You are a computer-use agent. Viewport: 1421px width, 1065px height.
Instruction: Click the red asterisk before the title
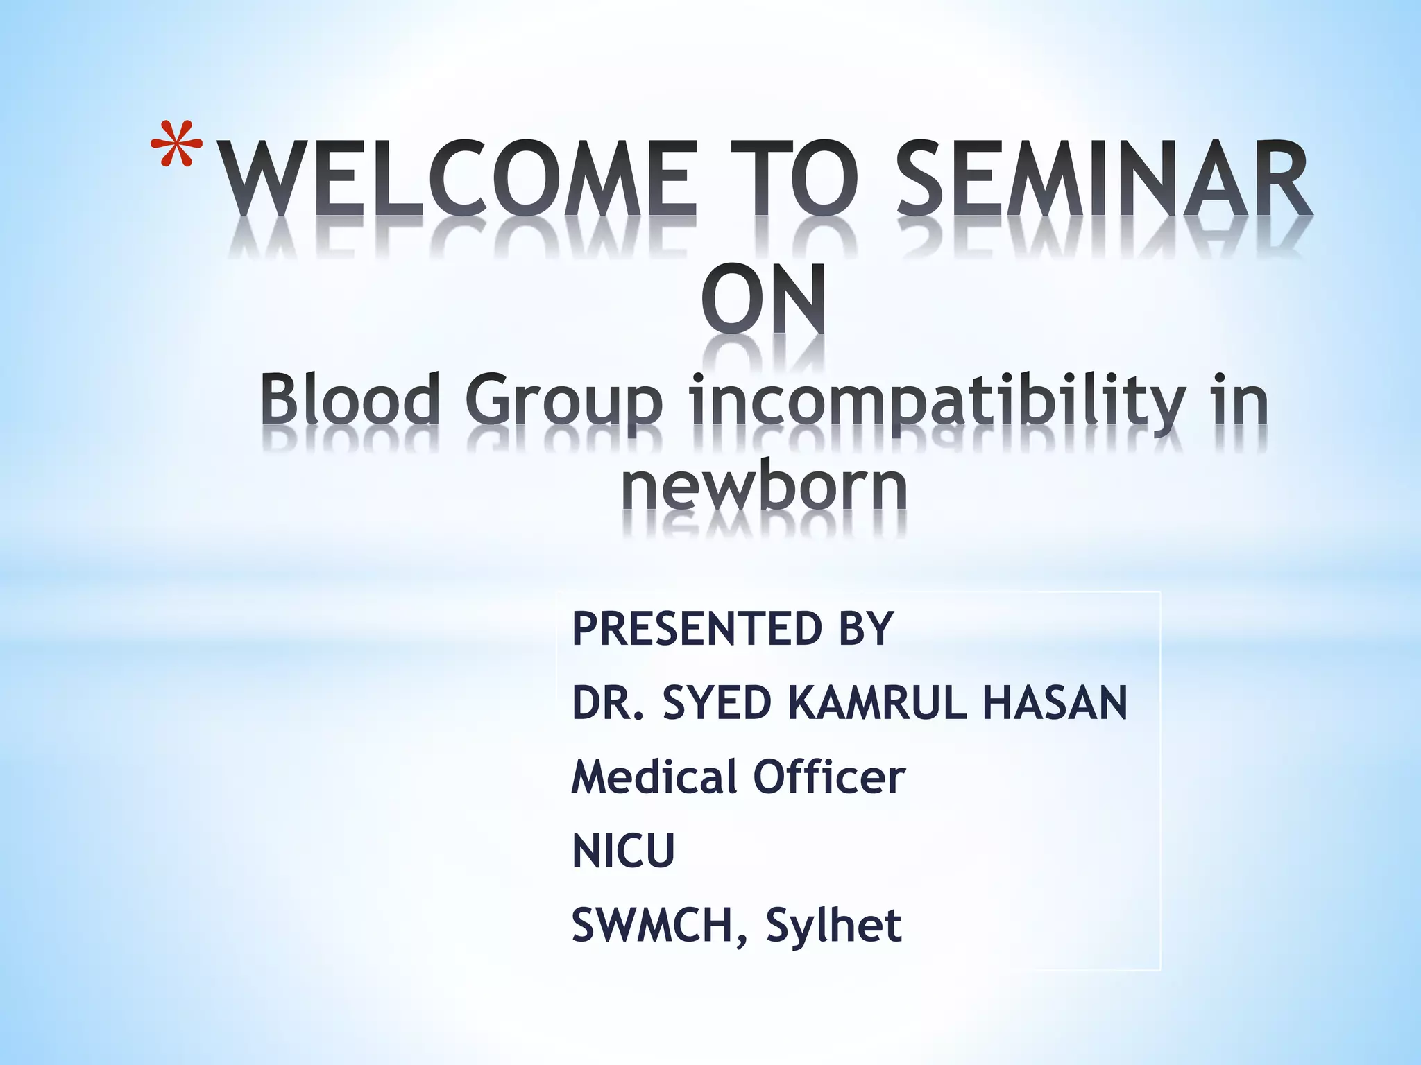tap(176, 144)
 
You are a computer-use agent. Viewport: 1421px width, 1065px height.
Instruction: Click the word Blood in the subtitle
tap(350, 400)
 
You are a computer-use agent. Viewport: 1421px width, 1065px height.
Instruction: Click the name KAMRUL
tap(878, 702)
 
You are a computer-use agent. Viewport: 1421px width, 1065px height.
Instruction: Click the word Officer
tap(829, 777)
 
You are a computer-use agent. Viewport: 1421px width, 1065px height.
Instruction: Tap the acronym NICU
tap(623, 851)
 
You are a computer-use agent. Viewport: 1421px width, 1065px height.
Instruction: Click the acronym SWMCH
tap(652, 925)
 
